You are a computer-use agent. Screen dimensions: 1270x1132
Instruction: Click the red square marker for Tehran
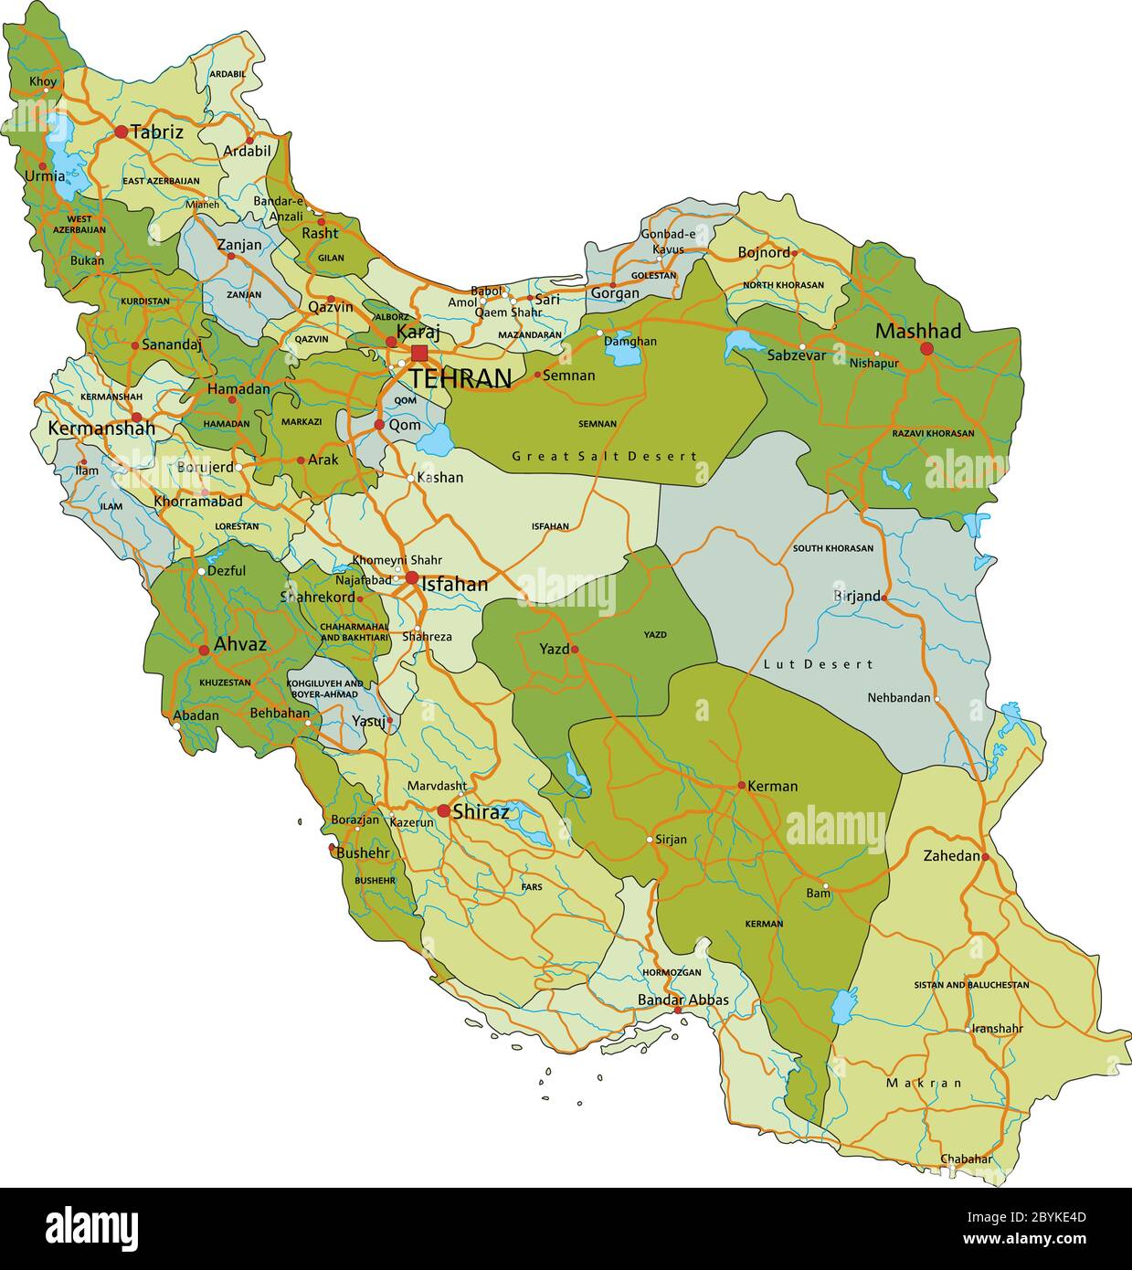point(419,353)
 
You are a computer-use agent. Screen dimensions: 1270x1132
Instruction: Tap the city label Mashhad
point(917,331)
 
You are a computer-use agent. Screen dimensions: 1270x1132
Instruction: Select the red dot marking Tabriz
point(121,132)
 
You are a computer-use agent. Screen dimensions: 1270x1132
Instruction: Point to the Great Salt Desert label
point(604,456)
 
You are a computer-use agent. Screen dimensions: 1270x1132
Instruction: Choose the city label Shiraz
point(481,810)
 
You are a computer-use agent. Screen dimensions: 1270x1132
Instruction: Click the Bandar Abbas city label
point(682,1000)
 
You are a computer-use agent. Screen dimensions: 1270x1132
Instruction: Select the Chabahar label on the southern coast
point(966,1159)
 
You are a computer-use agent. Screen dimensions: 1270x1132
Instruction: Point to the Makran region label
point(924,1083)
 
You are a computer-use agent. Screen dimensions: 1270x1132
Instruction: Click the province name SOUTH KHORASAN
point(832,548)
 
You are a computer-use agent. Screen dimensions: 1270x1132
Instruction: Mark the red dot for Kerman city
point(742,786)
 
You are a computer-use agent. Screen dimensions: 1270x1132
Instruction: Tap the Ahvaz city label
point(239,644)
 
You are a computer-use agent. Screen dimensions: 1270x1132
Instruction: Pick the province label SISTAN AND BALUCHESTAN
point(971,985)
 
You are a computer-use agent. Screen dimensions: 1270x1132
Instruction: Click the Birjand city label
point(856,596)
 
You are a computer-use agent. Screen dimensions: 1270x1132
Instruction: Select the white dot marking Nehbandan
point(937,698)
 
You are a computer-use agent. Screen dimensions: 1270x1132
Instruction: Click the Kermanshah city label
point(101,428)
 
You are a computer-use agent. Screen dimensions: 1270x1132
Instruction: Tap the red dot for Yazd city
point(575,650)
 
